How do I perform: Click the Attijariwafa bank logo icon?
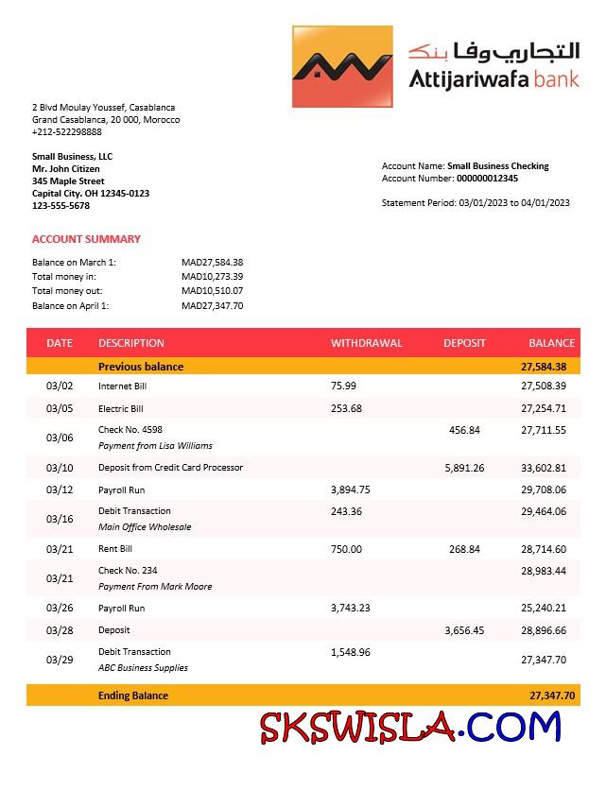[342, 66]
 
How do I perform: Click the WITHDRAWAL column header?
[366, 343]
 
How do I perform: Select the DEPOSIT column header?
[464, 343]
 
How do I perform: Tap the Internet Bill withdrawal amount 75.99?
[344, 386]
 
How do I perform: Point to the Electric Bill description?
[121, 409]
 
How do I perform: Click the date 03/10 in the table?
[60, 468]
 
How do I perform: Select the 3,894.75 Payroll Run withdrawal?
[351, 490]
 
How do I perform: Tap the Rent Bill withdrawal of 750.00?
[346, 549]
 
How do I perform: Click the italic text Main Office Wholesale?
[145, 527]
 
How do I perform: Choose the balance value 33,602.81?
[544, 468]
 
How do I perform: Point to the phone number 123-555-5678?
[61, 205]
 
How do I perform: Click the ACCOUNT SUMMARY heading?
[86, 239]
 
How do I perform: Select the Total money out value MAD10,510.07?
[213, 291]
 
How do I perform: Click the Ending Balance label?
[133, 696]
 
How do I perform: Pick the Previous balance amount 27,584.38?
[544, 367]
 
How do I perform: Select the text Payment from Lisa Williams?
[155, 446]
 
